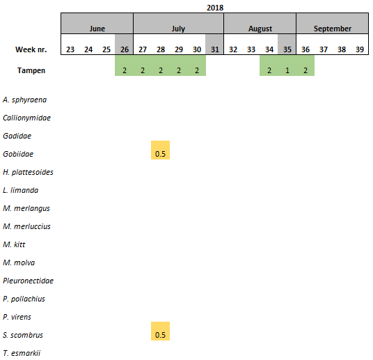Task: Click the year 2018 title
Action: pos(215,8)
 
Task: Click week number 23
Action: pos(70,49)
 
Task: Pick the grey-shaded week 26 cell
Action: pos(124,45)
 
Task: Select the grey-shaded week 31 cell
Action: pos(214,45)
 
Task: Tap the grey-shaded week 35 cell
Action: pos(287,45)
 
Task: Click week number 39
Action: pos(360,49)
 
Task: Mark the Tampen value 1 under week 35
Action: pos(287,70)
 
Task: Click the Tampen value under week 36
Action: pos(305,70)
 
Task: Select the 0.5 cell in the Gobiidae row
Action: pos(160,150)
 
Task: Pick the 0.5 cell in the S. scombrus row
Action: pos(160,331)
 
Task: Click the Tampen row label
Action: pos(31,70)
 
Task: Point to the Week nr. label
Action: pos(31,49)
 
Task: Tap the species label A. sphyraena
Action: pos(25,100)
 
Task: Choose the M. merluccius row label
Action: pos(26,226)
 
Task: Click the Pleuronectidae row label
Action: pos(28,281)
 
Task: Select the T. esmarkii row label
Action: pos(22,353)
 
